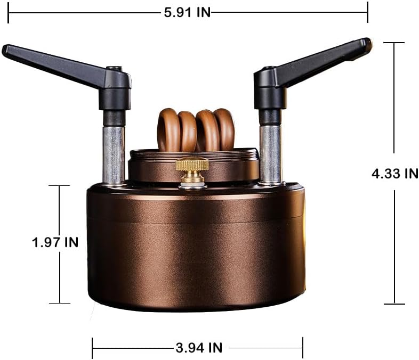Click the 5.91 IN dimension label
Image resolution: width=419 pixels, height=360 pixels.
(187, 13)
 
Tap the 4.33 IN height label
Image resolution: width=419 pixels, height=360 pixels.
(394, 173)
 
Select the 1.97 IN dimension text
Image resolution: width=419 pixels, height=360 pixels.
(55, 242)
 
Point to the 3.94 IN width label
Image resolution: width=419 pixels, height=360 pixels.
(199, 348)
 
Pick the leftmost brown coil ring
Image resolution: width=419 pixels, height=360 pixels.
(167, 130)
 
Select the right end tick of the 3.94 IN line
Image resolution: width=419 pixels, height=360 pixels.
(303, 348)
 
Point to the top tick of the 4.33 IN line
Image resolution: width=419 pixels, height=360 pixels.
(394, 43)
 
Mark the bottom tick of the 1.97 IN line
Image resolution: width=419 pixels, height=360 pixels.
(59, 303)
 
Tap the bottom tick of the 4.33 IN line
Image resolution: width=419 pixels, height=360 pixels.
(394, 304)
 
